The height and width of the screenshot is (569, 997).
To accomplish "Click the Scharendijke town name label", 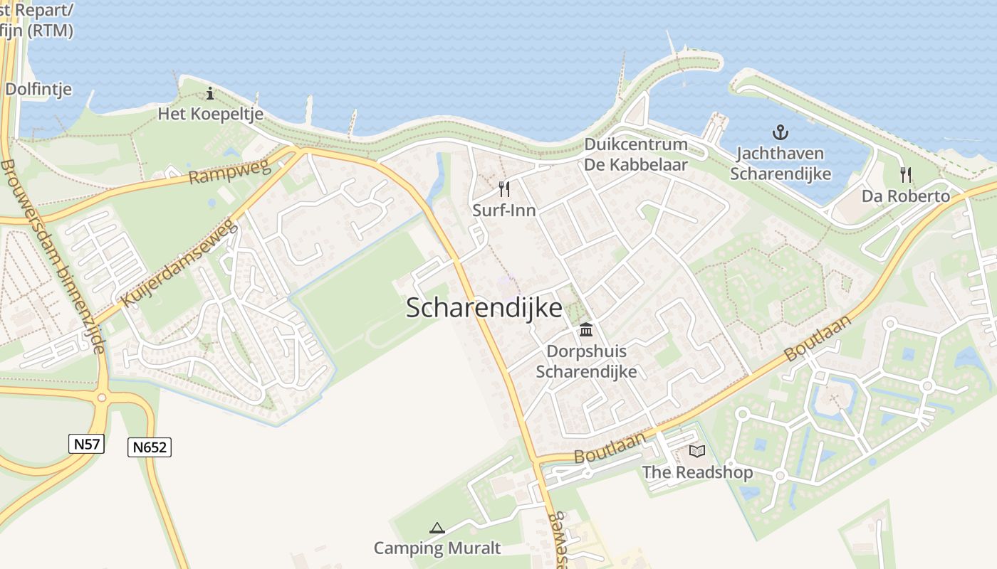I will coord(484,308).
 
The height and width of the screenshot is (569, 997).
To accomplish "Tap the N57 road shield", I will coord(87,445).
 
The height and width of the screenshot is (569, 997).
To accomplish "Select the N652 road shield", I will coord(150,447).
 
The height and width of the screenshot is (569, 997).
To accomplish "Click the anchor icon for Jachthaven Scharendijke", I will coord(781,132).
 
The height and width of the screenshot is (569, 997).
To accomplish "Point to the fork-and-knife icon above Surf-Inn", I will coord(504,189).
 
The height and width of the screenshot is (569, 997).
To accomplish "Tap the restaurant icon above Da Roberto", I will coord(905,175).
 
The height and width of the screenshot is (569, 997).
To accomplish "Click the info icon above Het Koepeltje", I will coord(210,93).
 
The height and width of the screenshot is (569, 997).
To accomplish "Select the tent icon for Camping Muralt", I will coord(437,528).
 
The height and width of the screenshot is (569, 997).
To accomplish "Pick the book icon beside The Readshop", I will coord(696,451).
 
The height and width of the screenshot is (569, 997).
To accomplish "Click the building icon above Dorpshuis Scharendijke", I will coord(586,330).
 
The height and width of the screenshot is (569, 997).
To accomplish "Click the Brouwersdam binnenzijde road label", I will coord(53,256).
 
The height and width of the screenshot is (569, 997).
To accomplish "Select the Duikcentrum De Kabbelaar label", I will coord(636,154).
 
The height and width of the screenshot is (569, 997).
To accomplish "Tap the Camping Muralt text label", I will coord(437,548).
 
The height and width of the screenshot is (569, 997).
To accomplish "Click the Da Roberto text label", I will coord(906,196).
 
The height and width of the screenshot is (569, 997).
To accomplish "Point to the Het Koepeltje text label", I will coord(210,114).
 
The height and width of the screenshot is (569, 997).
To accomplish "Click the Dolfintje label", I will coord(38,89).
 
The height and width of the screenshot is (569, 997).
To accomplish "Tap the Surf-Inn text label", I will coord(504,211).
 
